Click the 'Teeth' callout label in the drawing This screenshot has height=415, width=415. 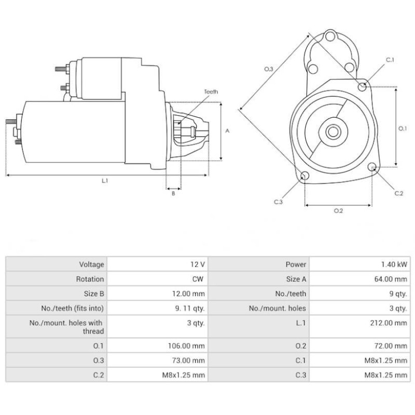coord(211,92)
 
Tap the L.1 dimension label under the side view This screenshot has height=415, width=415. coord(105,181)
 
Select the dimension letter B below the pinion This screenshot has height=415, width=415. coord(173,193)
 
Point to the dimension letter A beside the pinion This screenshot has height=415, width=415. coord(227,131)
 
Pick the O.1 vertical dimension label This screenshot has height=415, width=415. coord(403,128)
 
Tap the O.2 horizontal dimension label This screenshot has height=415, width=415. coord(338,211)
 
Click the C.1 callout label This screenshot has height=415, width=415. coord(390,60)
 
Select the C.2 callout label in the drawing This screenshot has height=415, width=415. coord(398,193)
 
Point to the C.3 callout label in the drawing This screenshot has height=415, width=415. coord(278,202)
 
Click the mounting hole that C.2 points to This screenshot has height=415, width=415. coord(372,167)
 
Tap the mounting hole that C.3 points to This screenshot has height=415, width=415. coord(305,176)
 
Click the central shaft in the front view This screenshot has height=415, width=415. coord(333,132)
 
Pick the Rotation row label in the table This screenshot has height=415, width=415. coord(90,279)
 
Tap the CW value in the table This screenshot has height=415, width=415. coord(198,279)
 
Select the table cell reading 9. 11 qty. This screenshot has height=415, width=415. coord(192,308)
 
